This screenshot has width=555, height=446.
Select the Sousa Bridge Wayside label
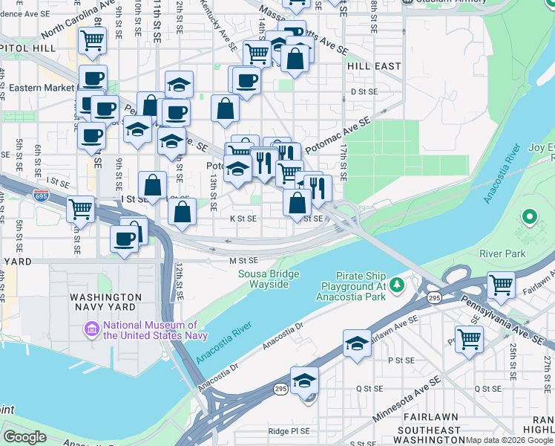tap(269, 279)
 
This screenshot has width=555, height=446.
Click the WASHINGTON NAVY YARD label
tap(105, 301)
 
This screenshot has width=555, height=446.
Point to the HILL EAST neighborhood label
tap(374, 66)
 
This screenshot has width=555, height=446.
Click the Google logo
tap(24, 437)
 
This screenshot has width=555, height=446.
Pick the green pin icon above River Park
tap(529, 218)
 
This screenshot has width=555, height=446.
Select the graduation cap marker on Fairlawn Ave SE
tap(357, 344)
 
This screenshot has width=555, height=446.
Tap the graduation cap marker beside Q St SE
tap(304, 381)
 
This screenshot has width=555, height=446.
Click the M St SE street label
tap(243, 261)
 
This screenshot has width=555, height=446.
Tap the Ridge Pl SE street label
tap(289, 431)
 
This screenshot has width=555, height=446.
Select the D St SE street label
tap(364, 91)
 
